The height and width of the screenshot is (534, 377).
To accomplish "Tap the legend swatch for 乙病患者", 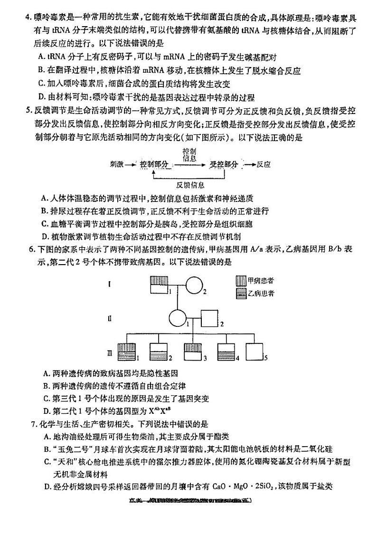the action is pyautogui.click(x=241, y=293).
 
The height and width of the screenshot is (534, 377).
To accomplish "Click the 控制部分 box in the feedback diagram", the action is pyautogui.click(x=154, y=164).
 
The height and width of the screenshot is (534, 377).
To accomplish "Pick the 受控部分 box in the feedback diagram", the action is pyautogui.click(x=224, y=164).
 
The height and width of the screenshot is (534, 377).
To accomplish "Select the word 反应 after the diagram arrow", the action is pyautogui.click(x=263, y=164).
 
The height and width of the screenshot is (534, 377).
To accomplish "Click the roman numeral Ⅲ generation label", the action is pyautogui.click(x=110, y=353).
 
